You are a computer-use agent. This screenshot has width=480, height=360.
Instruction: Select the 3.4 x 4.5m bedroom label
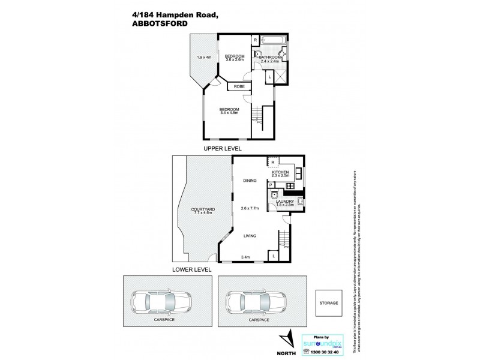[229, 110]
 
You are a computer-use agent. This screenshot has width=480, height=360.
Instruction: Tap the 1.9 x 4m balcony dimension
[205, 58]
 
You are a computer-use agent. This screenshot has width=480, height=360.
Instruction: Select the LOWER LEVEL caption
[191, 269]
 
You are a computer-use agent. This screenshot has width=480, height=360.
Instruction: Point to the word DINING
[249, 180]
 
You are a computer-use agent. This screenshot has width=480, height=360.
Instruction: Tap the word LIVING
[250, 236]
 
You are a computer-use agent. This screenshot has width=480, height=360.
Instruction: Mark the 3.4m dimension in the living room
[244, 257]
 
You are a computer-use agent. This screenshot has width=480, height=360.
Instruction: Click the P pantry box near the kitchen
[271, 185]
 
